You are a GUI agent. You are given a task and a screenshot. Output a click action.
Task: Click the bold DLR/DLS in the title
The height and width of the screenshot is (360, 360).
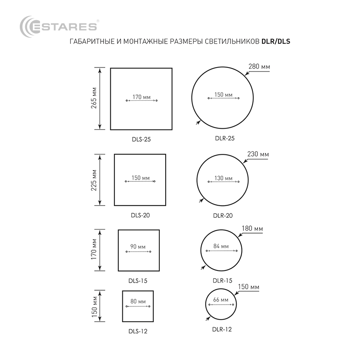point(276,41)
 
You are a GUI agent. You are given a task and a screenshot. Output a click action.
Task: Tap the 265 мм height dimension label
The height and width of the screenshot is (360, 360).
point(94,98)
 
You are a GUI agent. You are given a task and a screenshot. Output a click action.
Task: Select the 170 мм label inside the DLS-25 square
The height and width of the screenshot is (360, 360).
point(141,97)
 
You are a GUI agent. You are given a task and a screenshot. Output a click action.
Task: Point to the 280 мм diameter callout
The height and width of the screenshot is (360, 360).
point(259,67)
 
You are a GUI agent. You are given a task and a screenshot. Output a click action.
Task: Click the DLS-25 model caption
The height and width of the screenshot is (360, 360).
point(141,139)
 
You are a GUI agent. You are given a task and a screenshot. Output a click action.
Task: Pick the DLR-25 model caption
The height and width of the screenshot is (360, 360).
point(225,138)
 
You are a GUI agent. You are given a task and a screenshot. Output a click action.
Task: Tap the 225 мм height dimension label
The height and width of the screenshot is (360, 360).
point(94,180)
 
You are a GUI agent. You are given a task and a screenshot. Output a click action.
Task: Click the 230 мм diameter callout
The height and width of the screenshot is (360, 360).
point(258,154)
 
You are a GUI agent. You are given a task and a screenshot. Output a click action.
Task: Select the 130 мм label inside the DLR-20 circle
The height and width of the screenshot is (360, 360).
point(223,178)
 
